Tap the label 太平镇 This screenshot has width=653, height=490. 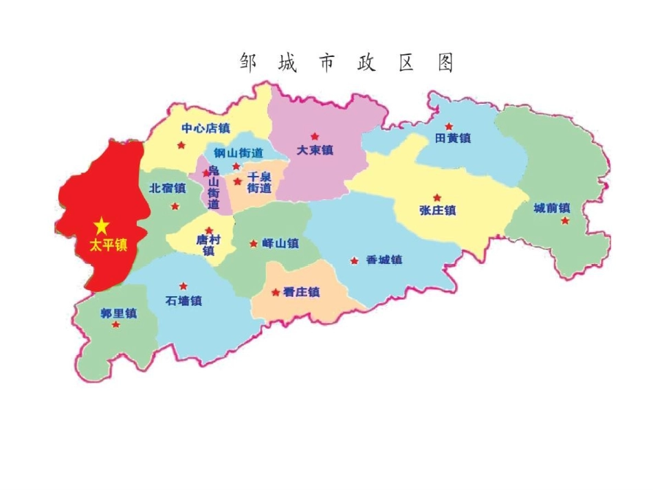[109, 245]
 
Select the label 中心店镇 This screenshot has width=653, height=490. [206, 128]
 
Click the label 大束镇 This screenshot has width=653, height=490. [314, 150]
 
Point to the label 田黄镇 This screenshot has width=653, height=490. [453, 138]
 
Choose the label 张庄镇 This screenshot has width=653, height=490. [437, 210]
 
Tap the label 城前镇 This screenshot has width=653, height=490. [552, 208]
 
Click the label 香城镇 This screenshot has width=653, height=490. [384, 260]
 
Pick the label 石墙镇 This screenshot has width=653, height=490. [184, 300]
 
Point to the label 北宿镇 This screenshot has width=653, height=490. [168, 188]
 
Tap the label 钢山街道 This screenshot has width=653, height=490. [238, 153]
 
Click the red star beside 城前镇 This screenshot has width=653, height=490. [565, 221]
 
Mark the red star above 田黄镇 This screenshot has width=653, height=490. [449, 126]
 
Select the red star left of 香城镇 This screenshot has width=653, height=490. [354, 260]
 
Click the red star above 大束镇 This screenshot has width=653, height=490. [315, 136]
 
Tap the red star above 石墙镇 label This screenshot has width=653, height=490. [183, 286]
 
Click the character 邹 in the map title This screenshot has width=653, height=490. [248, 63]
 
